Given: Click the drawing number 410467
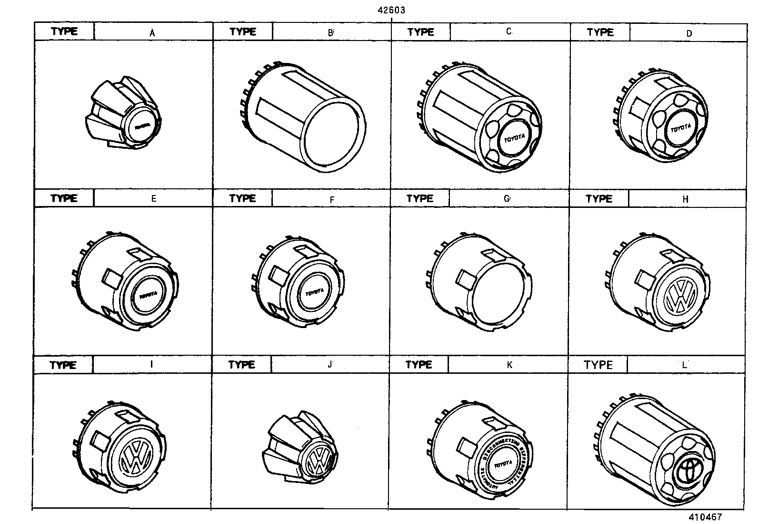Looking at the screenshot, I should (704, 517).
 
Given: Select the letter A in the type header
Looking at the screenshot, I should (152, 33).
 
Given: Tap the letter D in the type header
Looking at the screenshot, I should (689, 33).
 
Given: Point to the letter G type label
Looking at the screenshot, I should (507, 198).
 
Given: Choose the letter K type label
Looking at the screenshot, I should (509, 365).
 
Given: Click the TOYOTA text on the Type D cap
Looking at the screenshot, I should (680, 129).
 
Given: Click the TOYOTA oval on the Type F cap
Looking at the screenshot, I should (314, 292).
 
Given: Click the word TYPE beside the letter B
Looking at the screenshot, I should (242, 32).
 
